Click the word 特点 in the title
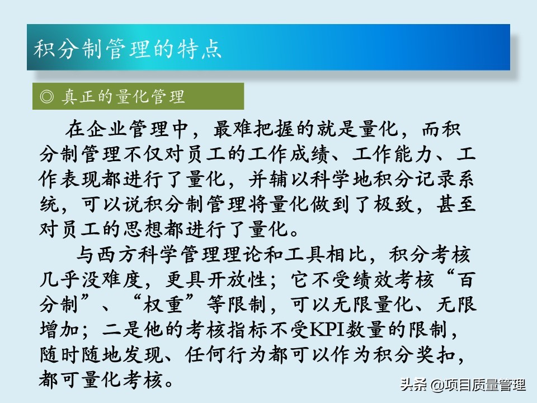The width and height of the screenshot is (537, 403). (199, 49)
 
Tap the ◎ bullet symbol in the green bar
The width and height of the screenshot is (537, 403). (47, 97)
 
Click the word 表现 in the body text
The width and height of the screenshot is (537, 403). (81, 179)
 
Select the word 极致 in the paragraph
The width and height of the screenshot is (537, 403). (393, 204)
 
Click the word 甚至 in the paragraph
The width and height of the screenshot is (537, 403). (456, 204)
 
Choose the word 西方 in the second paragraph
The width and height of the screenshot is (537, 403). (117, 255)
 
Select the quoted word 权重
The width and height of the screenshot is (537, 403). (163, 304)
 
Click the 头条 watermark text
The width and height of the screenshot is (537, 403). (413, 385)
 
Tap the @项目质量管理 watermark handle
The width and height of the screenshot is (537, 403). (478, 385)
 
